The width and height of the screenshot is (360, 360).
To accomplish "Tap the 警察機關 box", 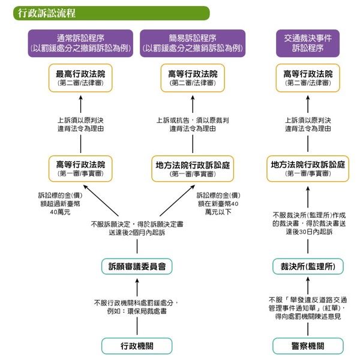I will [308, 345].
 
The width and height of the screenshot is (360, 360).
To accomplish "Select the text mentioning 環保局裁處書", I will [133, 307].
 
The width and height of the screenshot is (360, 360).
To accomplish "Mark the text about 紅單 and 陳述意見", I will [308, 307].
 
